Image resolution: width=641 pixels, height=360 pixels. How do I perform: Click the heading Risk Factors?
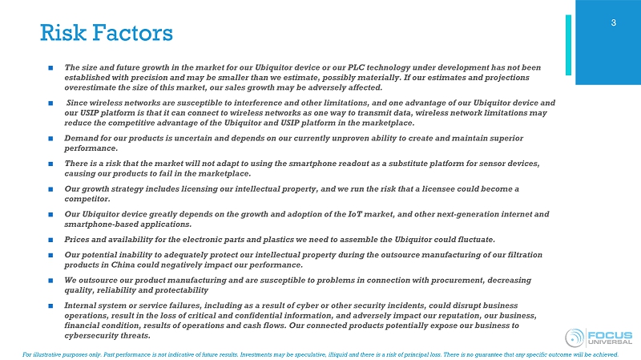point(106,34)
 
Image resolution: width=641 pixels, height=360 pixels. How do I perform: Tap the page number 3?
point(613,22)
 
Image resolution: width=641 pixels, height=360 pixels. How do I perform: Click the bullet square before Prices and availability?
point(50,240)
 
